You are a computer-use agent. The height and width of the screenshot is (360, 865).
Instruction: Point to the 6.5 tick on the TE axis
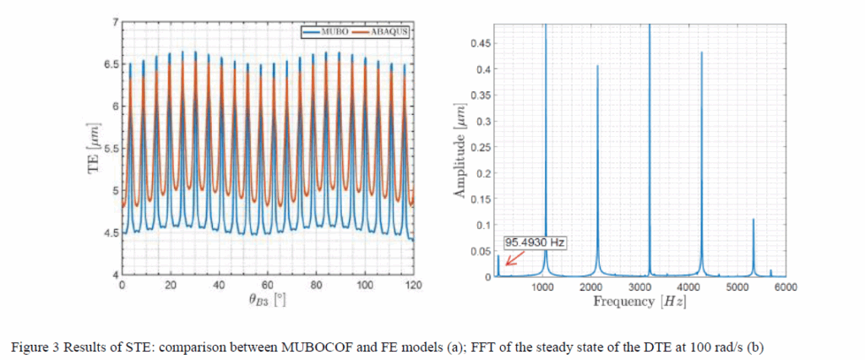click(110, 64)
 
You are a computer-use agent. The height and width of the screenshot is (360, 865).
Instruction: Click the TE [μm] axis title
click(94, 150)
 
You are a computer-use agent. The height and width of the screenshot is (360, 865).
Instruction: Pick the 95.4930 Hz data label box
click(534, 242)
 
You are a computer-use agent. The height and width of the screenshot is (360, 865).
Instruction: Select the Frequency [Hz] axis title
click(639, 301)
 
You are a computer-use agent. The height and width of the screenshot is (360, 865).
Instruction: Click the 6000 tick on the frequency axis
click(786, 288)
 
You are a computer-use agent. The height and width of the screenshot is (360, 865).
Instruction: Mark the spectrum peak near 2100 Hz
click(598, 67)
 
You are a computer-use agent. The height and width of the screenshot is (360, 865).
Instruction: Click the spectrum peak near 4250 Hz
click(701, 53)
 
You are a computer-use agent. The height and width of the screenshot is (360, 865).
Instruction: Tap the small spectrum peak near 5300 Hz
click(753, 220)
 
